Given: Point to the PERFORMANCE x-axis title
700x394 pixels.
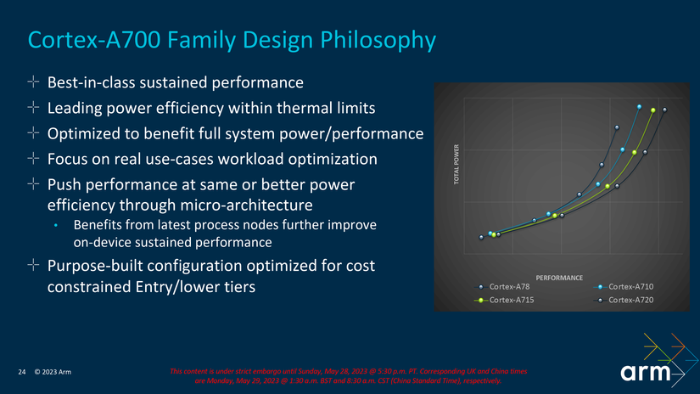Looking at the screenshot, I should point(559,278).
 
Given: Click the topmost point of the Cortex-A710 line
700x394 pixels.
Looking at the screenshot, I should point(639,107).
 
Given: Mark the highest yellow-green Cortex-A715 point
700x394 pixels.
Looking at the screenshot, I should point(652,110).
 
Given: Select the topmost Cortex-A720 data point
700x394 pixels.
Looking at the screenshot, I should point(664,110).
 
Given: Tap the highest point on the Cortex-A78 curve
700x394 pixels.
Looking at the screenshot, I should point(617,127).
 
